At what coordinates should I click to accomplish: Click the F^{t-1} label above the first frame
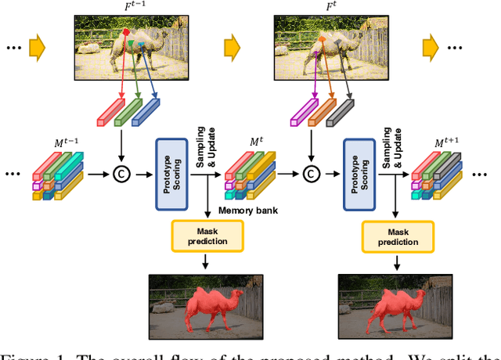click(125, 9)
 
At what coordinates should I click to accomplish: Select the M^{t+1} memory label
click(447, 144)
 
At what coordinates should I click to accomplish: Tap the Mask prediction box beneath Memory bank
click(207, 236)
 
